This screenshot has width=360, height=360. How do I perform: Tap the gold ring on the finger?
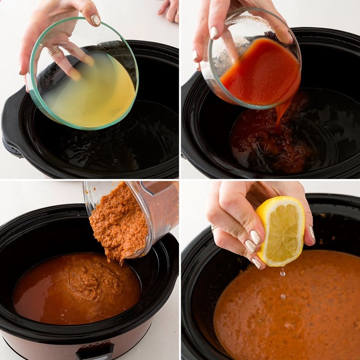click(54, 50)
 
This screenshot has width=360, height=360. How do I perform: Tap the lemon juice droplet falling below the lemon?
click(282, 273)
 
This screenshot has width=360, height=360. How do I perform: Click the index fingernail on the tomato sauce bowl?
click(214, 32)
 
